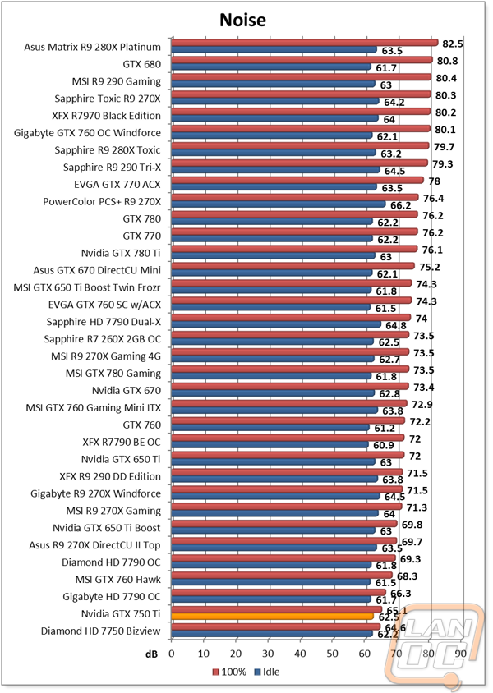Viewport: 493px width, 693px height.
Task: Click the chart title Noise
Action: pos(246,19)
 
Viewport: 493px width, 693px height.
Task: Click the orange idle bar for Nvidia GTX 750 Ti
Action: pos(271,617)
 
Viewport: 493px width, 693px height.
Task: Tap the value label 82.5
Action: pos(454,44)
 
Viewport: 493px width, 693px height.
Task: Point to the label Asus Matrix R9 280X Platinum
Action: pos(93,46)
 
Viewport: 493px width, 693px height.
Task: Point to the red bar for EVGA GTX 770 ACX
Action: pos(297,181)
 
